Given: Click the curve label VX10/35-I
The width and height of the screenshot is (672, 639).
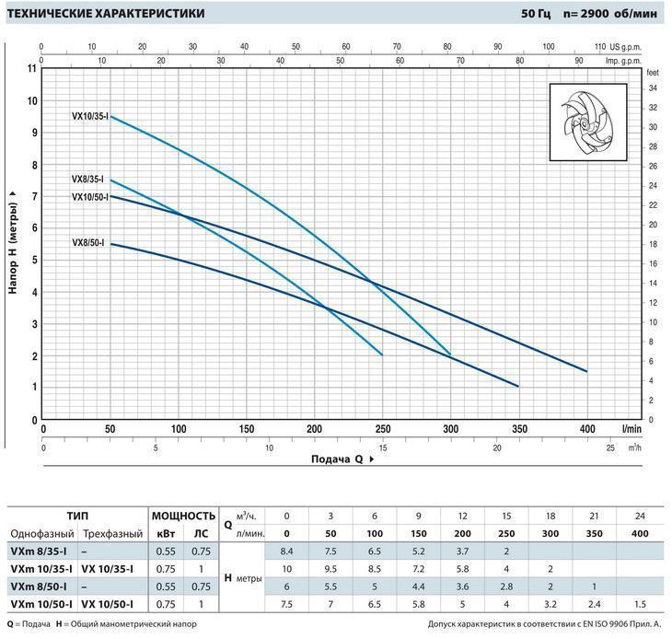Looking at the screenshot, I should pyautogui.click(x=90, y=116).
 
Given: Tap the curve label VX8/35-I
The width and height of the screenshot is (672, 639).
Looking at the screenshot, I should pyautogui.click(x=87, y=180).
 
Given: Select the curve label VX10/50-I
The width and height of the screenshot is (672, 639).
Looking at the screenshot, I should pyautogui.click(x=90, y=196).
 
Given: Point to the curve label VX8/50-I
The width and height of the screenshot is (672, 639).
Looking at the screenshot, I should pyautogui.click(x=87, y=243).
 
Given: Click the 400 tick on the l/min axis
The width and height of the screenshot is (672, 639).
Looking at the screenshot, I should pyautogui.click(x=586, y=429).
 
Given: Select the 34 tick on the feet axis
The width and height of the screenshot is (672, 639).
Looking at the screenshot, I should pyautogui.click(x=652, y=88).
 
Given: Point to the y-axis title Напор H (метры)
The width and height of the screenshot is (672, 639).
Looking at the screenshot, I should pyautogui.click(x=13, y=242).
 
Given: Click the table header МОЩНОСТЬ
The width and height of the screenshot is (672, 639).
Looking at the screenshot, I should pyautogui.click(x=183, y=516).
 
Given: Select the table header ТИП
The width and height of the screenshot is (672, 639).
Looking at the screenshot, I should pyautogui.click(x=77, y=516).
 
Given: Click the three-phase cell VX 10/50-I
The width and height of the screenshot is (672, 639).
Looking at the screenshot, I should pyautogui.click(x=108, y=604).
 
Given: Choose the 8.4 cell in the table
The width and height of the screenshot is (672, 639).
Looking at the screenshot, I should pyautogui.click(x=286, y=552).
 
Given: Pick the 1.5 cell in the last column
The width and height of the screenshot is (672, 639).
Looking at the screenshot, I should pyautogui.click(x=639, y=604).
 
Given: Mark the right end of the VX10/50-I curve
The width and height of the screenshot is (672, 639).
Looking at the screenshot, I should pyautogui.click(x=586, y=371).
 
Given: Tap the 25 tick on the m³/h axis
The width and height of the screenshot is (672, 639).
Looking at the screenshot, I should pyautogui.click(x=609, y=448).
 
